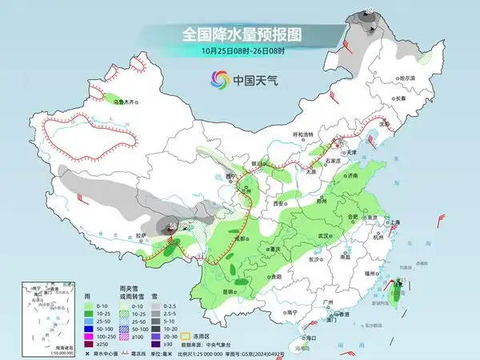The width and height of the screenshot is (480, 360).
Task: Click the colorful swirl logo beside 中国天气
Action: point(218,79)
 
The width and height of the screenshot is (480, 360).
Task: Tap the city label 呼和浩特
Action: point(304,134)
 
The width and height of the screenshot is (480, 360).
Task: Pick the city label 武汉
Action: point(323,236)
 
